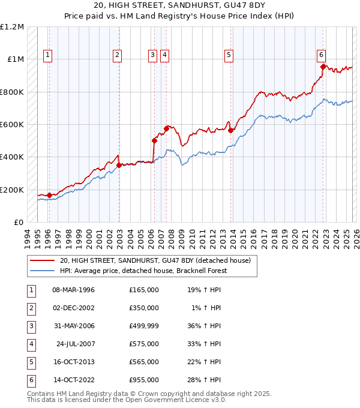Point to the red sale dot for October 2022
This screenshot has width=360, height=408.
(323, 67)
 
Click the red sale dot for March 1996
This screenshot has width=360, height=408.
(49, 195)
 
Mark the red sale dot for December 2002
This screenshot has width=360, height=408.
(119, 165)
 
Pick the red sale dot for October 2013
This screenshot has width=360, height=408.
(231, 130)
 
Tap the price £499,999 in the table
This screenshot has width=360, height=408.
(143, 326)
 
